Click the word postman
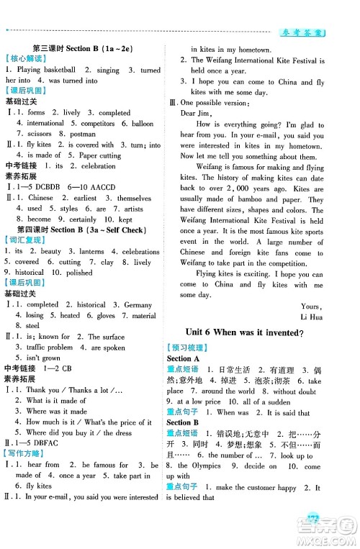click(82, 134)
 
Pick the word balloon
click(143, 123)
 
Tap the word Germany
click(138, 304)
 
